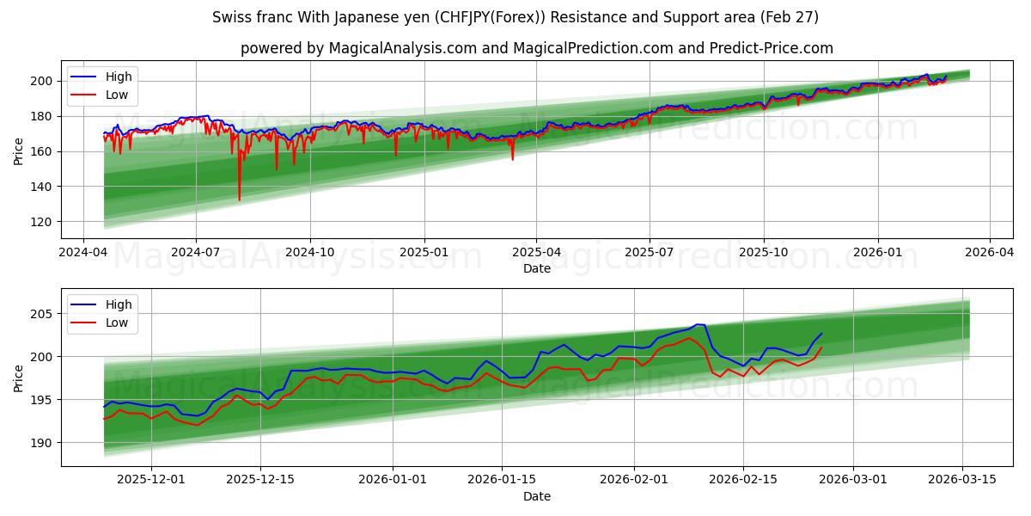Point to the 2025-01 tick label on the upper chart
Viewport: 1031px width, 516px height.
coord(424,253)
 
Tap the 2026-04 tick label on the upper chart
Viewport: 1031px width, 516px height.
coord(990,253)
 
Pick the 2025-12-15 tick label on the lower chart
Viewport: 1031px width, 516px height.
coord(259,479)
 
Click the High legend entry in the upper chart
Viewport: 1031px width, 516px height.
coord(118,77)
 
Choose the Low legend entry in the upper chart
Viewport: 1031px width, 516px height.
coord(117,95)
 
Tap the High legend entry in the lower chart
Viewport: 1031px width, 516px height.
coord(118,304)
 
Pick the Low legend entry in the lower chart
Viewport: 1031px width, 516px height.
coord(117,322)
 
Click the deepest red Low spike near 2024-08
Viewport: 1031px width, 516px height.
coord(239,200)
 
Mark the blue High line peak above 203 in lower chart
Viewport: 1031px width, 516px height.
coord(699,324)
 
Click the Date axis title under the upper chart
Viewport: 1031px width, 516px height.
coord(536,268)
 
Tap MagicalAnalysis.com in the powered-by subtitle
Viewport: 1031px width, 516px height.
coord(402,48)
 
